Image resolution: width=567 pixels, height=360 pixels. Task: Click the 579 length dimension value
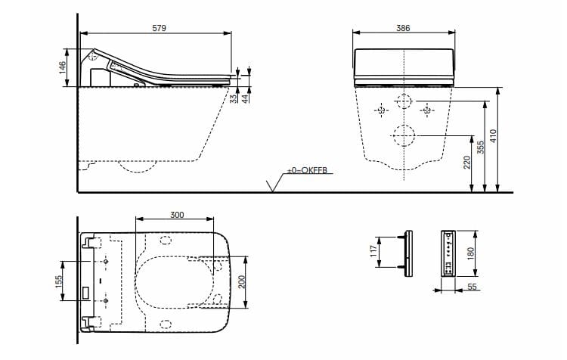click(158, 27)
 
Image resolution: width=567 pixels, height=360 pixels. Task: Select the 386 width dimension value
click(404, 27)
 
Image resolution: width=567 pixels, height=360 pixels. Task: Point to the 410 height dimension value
click(493, 136)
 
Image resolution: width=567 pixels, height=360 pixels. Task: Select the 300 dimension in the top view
click(176, 215)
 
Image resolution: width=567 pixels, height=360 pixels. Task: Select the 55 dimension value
click(472, 288)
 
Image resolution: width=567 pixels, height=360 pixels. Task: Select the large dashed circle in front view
click(404, 136)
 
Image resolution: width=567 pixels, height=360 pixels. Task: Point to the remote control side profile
click(409, 251)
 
